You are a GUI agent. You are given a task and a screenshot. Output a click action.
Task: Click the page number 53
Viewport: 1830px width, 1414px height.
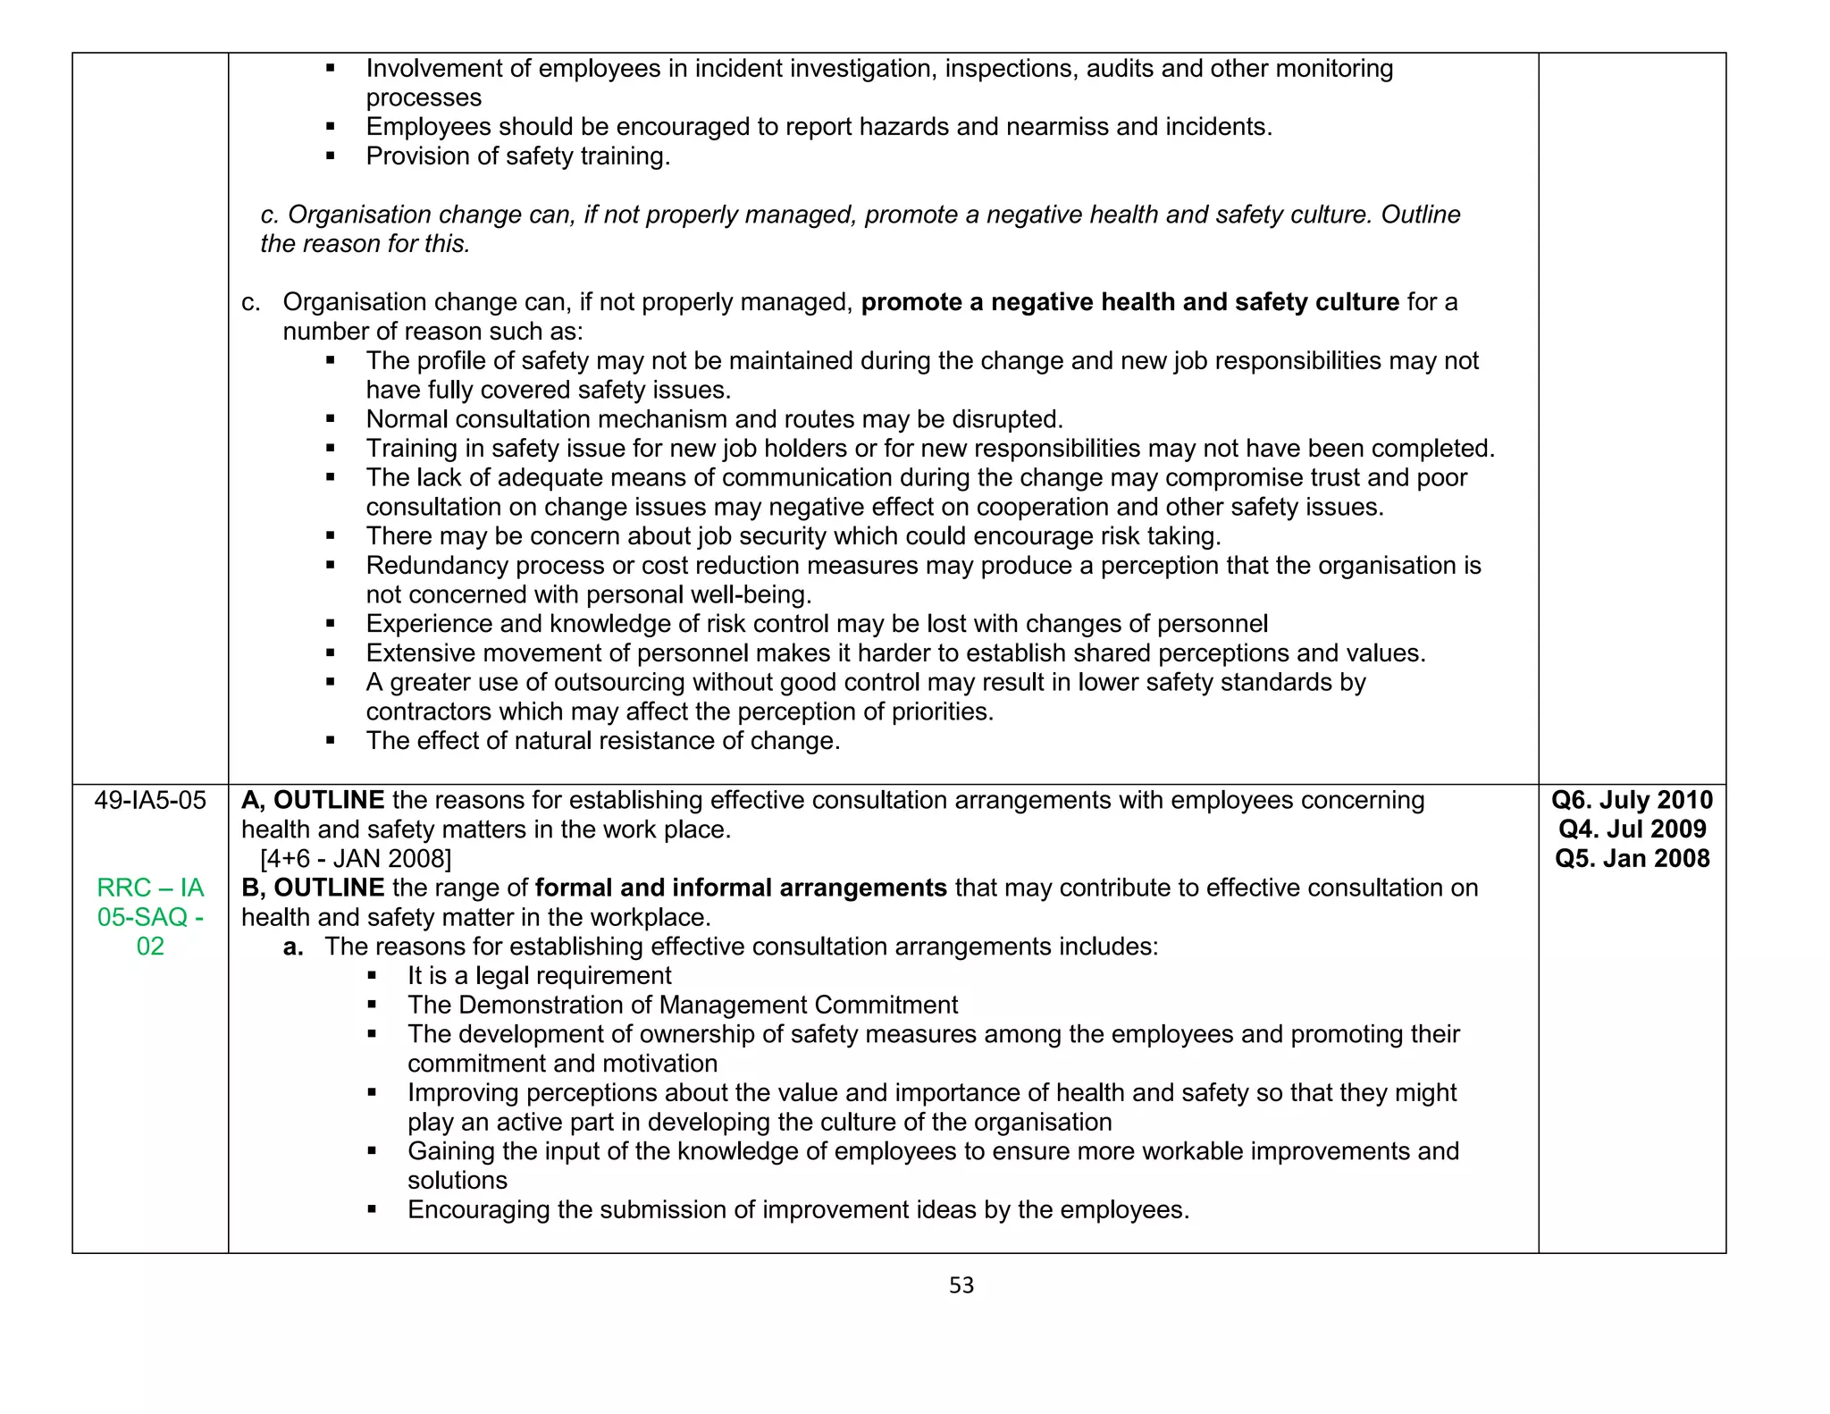point(961,1284)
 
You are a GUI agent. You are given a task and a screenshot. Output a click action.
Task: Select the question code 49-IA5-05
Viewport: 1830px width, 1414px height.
point(150,800)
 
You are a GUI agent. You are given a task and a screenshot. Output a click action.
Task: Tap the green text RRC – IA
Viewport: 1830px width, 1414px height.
point(150,888)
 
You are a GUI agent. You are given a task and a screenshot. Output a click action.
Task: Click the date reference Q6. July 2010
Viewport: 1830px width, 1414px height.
point(1632,800)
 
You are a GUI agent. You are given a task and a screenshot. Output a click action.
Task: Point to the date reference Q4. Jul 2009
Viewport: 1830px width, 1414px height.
point(1632,829)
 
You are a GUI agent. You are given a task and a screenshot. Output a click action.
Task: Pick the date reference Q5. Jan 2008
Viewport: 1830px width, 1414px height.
point(1632,858)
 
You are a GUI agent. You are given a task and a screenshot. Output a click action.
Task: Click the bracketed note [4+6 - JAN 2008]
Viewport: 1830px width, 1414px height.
point(356,859)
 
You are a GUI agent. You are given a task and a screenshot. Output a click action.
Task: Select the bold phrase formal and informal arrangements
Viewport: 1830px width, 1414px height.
point(741,888)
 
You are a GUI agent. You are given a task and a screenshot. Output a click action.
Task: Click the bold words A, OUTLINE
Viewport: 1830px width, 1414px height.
point(313,800)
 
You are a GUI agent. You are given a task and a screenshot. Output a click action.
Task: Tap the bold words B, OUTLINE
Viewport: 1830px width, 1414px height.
point(313,888)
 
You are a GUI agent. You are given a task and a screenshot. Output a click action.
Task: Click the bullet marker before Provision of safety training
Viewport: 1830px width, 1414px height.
point(331,156)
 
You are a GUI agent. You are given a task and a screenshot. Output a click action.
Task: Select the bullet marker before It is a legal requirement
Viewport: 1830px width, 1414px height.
point(372,976)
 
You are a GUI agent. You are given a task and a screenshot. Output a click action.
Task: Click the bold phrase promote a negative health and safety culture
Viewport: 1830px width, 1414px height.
point(1129,302)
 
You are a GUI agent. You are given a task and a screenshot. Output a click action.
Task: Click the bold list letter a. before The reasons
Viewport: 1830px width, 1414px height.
point(293,947)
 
